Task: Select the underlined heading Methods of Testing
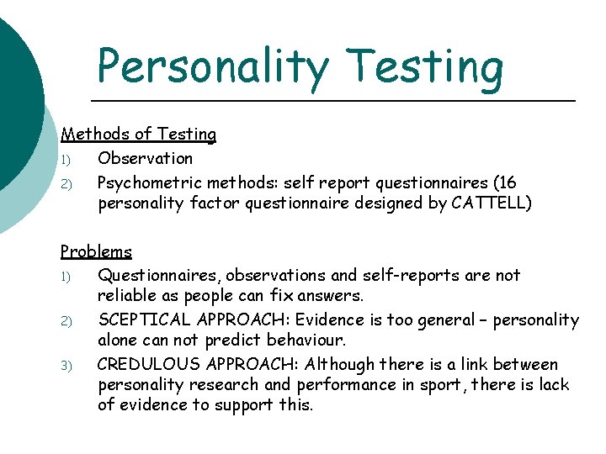[138, 134]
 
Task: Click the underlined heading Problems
[96, 251]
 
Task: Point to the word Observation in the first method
[145, 158]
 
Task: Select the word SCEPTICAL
[144, 320]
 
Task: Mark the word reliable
[125, 296]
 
